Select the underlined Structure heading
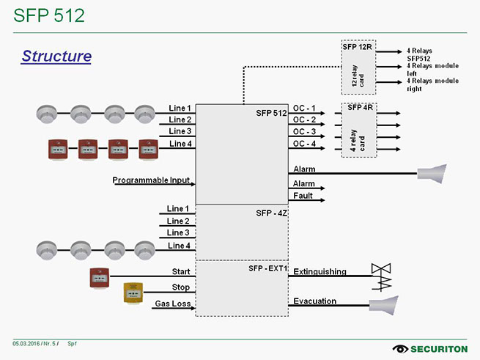tap(56, 56)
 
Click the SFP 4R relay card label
tap(360, 108)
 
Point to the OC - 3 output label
tap(304, 132)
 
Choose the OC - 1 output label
tap(304, 108)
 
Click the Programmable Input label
tap(151, 180)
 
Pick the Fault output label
tap(303, 196)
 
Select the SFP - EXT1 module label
tap(267, 269)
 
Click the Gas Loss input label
tap(172, 304)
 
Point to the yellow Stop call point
tap(132, 293)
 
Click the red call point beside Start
tap(99, 277)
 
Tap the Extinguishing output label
tap(320, 272)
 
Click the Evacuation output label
tap(314, 301)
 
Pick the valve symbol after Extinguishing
tap(382, 276)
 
